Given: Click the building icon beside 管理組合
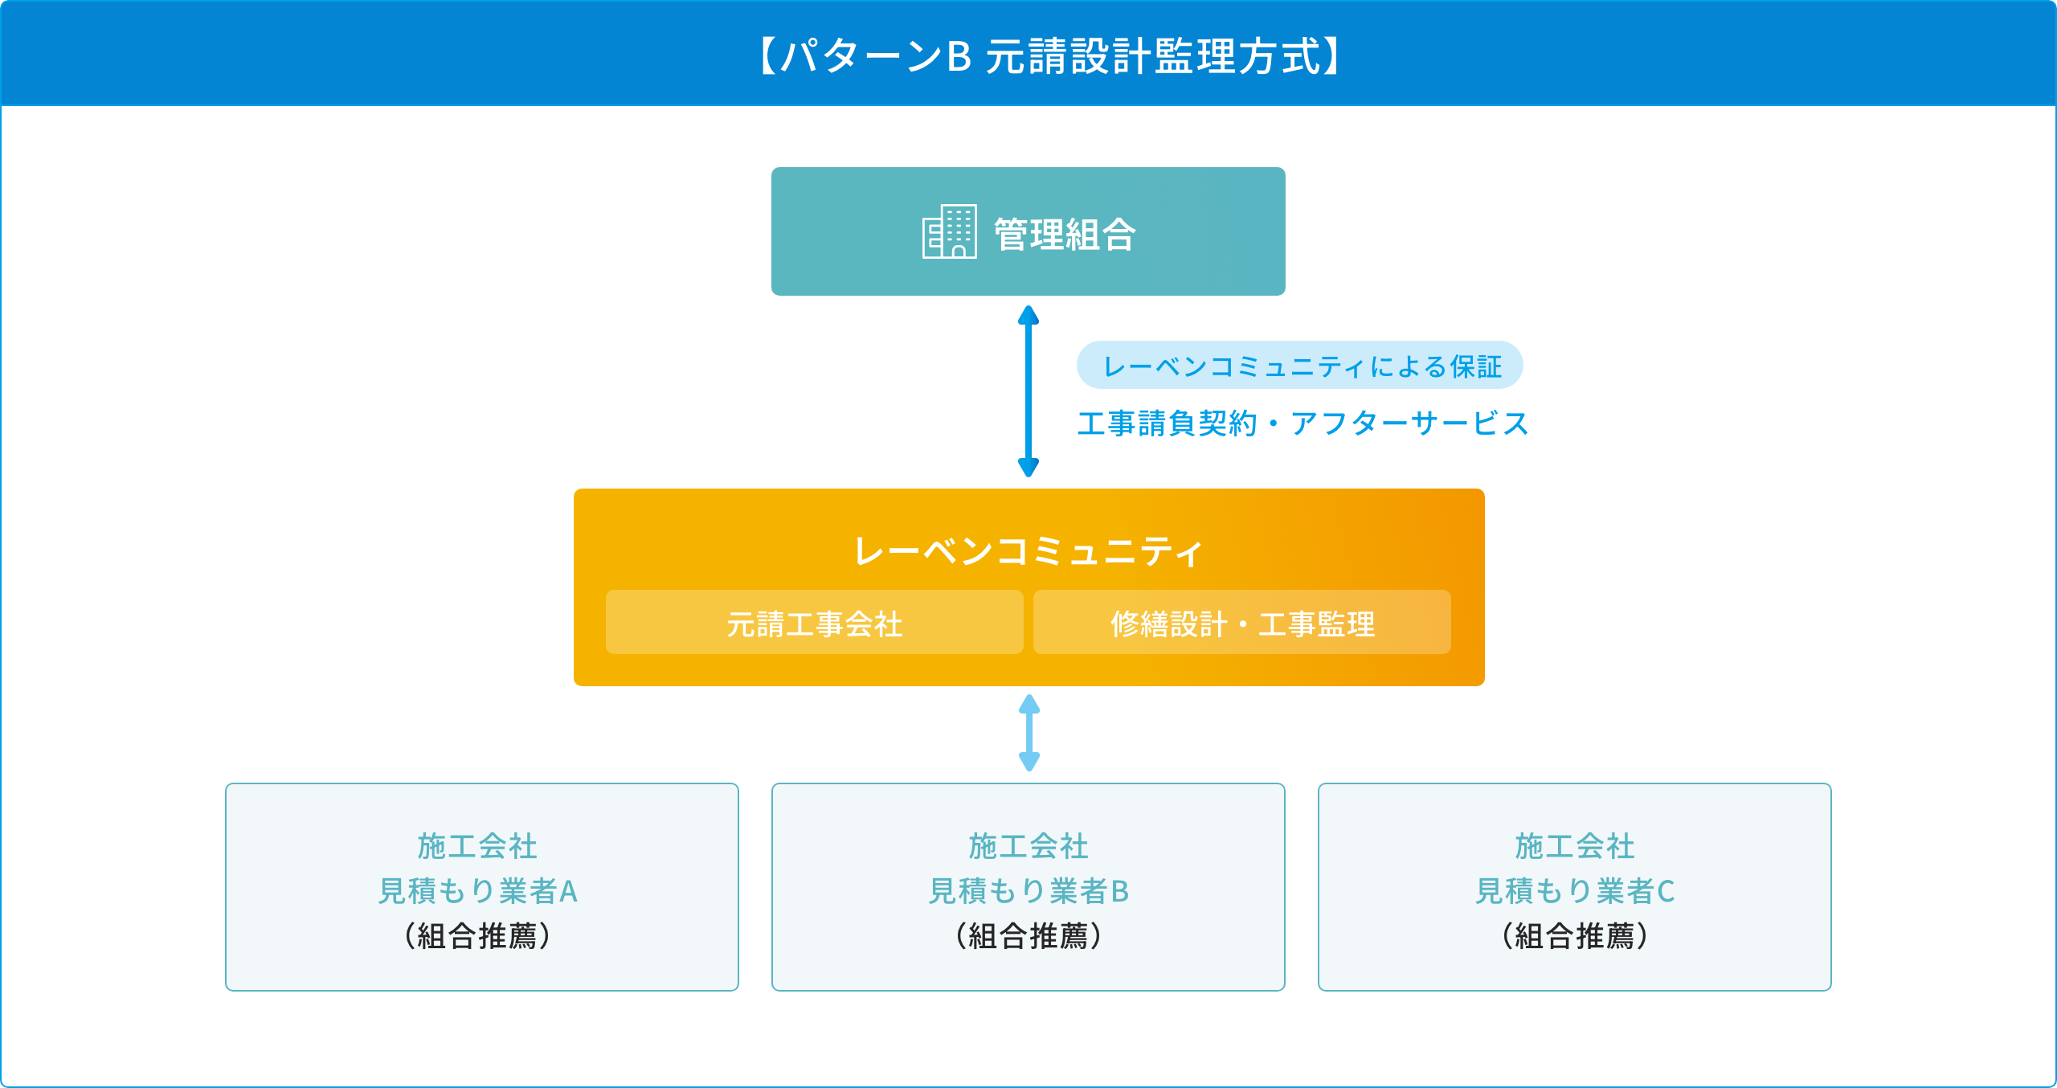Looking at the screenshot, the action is click(x=949, y=231).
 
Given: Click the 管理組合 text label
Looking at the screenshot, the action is click(x=1065, y=235).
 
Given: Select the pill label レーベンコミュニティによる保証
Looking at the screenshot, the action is click(x=1299, y=366).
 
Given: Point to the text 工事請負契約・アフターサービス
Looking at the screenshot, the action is click(x=1302, y=423).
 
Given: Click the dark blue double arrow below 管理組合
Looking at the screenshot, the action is click(x=1028, y=391).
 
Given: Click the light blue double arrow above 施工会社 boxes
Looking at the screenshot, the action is click(x=1029, y=733).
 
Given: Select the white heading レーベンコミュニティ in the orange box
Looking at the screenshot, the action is click(x=1028, y=551).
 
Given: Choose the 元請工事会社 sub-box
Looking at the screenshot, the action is click(x=814, y=623).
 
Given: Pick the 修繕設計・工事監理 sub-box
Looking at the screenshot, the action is click(x=1241, y=623).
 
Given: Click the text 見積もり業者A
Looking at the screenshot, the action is click(x=478, y=891).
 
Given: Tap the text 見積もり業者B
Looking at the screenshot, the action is click(x=1028, y=891).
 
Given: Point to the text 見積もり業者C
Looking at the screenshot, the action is click(x=1575, y=891).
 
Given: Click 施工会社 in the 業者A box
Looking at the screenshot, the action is click(x=477, y=846).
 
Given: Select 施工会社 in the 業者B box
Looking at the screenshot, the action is click(x=1028, y=846).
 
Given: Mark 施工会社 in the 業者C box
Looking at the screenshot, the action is click(x=1575, y=846).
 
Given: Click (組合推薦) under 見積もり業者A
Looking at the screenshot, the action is click(x=478, y=936).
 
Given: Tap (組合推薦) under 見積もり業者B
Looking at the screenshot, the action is click(x=1028, y=936).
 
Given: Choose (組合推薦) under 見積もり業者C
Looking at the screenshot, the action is click(x=1575, y=936).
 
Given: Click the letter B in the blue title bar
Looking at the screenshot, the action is click(x=959, y=57).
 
